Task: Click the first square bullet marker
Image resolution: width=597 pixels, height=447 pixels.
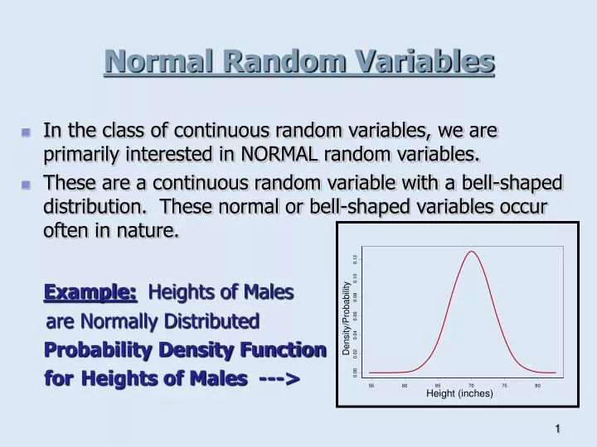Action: click(26, 132)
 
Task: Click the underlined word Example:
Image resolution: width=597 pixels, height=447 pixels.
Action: click(90, 291)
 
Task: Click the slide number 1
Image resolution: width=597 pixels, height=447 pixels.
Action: click(558, 428)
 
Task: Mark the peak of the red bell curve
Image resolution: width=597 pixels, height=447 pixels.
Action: click(472, 252)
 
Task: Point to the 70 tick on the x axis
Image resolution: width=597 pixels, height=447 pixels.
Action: click(471, 386)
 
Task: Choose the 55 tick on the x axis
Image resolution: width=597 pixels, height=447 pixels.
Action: click(371, 386)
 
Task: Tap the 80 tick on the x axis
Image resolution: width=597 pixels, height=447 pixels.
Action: click(537, 386)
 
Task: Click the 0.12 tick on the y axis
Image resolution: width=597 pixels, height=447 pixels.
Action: click(355, 259)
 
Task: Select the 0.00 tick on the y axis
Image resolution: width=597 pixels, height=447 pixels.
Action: click(355, 372)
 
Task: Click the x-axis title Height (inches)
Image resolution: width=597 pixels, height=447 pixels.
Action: click(459, 394)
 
